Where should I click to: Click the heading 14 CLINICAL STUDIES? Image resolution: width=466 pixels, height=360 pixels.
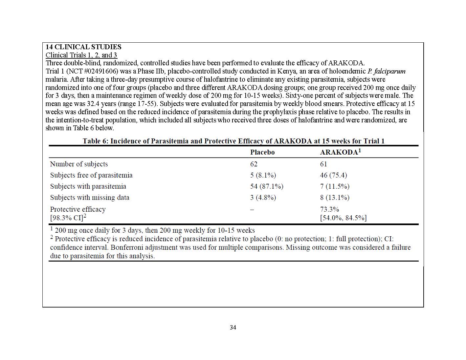point(83,47)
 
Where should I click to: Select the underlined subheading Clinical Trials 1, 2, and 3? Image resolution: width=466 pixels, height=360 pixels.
point(81,55)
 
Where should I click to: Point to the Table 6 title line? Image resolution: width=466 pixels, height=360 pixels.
point(233,141)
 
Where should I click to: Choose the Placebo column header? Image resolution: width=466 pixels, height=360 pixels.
point(262,152)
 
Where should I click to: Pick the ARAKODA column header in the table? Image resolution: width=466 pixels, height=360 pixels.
point(340,152)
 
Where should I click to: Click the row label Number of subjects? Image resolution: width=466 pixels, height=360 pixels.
point(79,164)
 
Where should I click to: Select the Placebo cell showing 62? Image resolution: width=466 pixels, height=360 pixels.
point(254,164)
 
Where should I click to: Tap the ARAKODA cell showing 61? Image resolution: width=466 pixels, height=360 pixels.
point(323,164)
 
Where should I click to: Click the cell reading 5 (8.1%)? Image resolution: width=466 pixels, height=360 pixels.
point(263,175)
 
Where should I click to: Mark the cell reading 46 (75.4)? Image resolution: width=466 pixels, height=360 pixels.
point(333,175)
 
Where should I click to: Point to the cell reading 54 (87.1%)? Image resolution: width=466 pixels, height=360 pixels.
point(267,186)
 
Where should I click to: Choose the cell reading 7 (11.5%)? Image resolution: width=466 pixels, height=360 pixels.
point(335,186)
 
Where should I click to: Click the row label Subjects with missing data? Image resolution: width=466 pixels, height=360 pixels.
point(90,198)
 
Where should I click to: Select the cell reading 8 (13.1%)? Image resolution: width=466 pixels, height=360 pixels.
point(335,198)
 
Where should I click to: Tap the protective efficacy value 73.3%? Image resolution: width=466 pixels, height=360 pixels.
point(329,209)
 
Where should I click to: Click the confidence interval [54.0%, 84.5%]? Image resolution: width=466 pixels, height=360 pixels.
point(343,218)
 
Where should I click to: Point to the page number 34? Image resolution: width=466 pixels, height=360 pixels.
point(233,328)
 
